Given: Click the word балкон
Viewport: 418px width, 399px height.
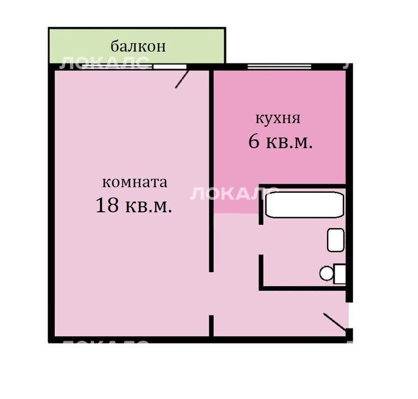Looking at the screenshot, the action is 138,46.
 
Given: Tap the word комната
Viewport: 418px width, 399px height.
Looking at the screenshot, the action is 135,182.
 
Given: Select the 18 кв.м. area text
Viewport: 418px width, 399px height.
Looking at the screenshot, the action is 133,206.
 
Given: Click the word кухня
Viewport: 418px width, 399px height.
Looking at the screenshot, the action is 278,118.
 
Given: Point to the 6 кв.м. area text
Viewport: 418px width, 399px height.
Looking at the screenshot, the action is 280,142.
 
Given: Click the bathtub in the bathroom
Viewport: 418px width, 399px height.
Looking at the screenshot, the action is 304,205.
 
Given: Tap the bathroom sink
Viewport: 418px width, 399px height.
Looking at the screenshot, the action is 336,240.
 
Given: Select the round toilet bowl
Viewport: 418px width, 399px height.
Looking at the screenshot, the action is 327,273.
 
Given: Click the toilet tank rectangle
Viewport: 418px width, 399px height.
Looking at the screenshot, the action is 340,274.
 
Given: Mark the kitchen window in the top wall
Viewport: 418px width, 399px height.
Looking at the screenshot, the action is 279,66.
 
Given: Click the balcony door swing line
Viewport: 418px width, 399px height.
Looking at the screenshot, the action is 182,79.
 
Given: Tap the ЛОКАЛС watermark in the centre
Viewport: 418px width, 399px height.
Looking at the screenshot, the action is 229,193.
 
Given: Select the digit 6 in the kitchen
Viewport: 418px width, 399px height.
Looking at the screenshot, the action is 254,142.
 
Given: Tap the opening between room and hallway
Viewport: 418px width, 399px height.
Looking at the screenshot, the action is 211,294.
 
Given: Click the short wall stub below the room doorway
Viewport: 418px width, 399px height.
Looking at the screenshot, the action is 211,326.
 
